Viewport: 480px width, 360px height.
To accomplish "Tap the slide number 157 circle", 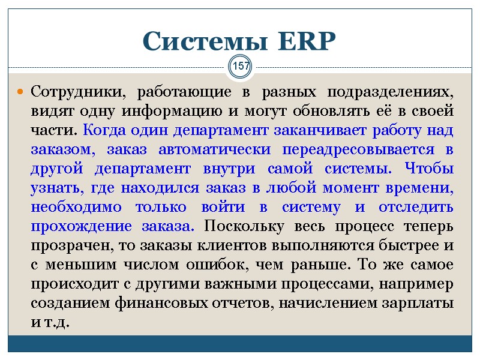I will point(241,66).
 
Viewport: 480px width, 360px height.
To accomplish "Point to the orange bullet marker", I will point(20,93).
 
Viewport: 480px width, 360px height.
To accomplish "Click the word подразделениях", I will point(391,93).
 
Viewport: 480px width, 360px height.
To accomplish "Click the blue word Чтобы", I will point(430,169).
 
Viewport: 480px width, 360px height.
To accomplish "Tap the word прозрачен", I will point(68,246).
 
